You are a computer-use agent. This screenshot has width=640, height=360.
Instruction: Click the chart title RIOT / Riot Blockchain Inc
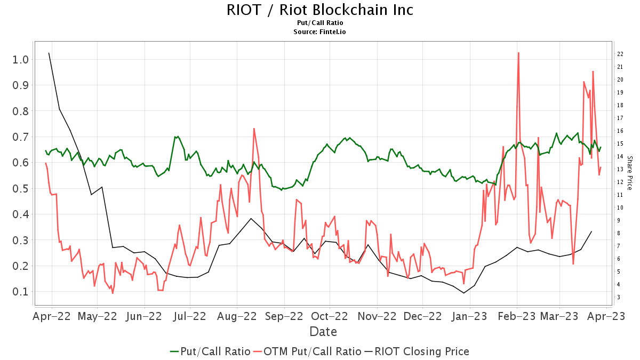319,10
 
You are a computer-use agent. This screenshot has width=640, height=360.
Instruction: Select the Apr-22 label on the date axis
52,316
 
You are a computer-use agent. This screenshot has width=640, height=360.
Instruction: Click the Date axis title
323,332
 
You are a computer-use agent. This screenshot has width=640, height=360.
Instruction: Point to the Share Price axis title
629,173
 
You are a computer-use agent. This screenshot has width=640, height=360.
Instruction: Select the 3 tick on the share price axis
619,297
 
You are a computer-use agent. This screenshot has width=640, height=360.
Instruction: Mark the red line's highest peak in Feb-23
518,52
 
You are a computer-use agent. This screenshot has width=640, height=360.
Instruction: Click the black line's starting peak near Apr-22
49,53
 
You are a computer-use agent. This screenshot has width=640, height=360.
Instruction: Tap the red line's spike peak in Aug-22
254,129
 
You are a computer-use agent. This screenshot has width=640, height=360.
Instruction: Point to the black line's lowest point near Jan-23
464,293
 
